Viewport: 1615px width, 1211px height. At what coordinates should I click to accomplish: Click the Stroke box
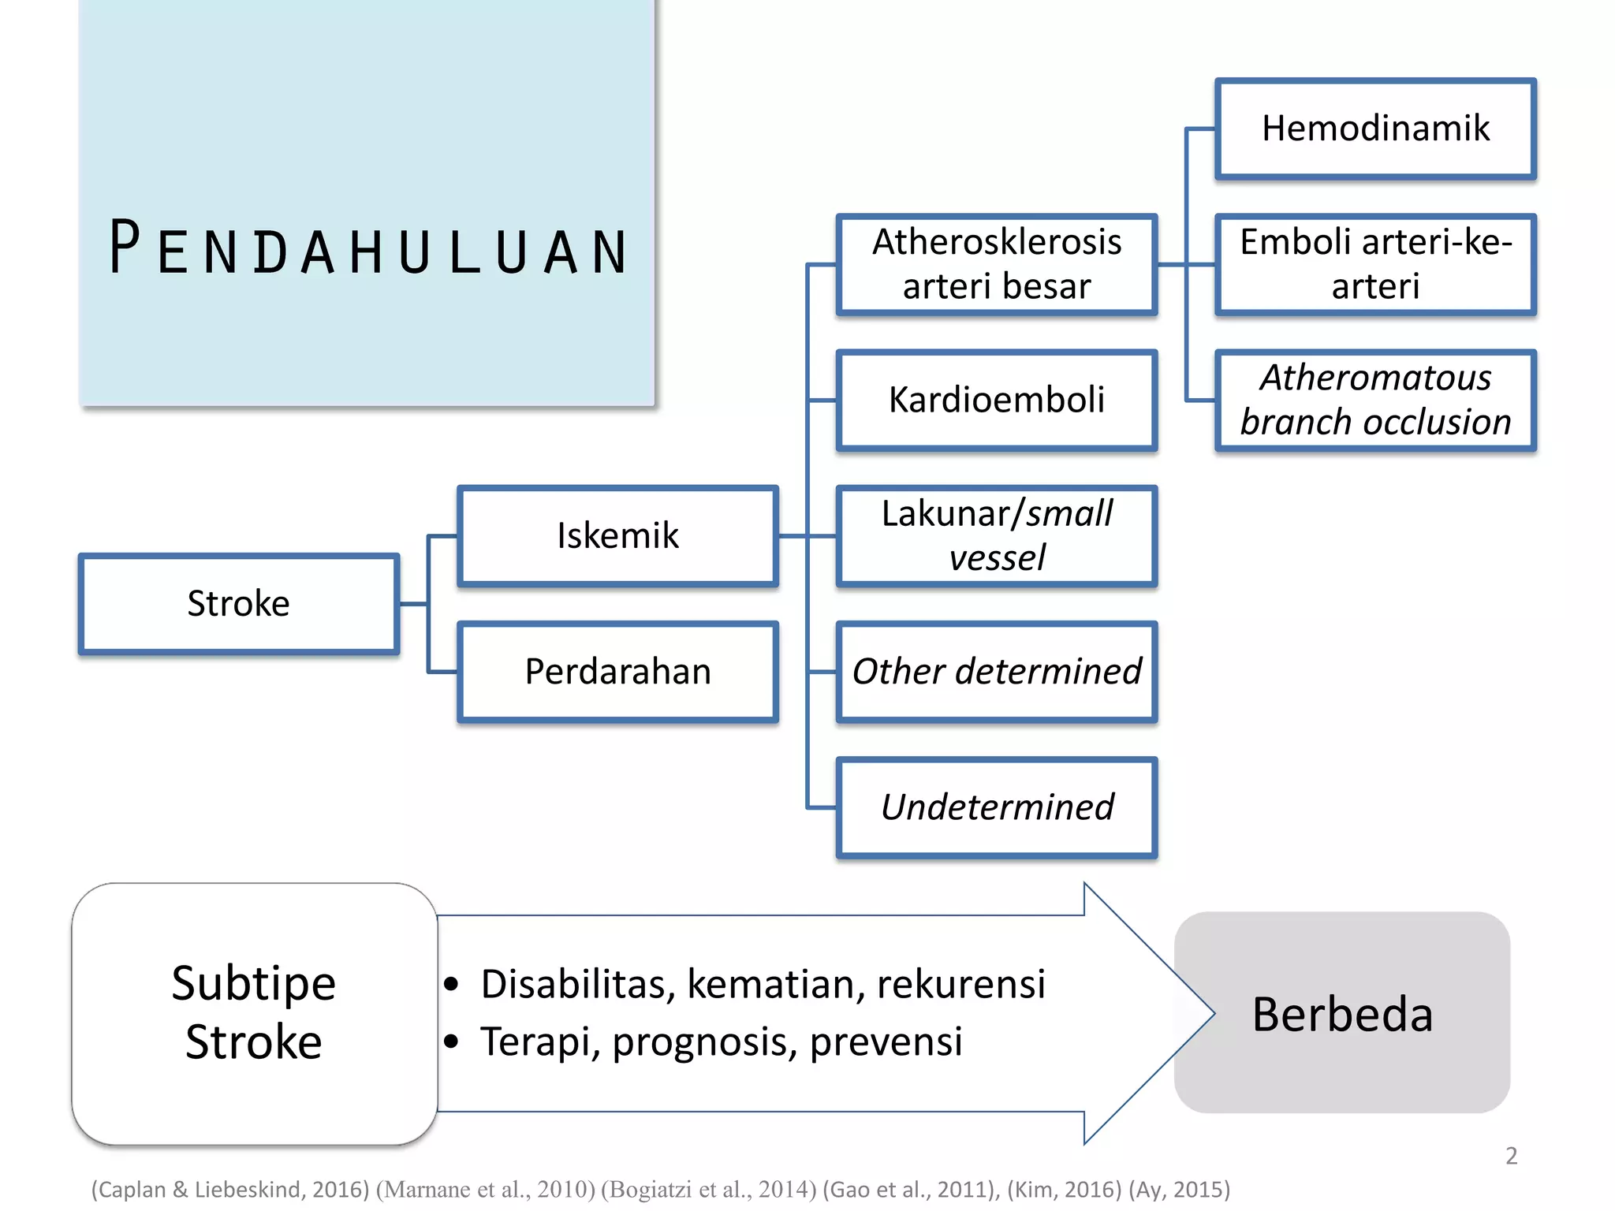coord(238,604)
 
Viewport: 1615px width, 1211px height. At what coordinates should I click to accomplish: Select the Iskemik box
coord(617,536)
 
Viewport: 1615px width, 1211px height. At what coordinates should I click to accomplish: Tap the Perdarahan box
coord(617,672)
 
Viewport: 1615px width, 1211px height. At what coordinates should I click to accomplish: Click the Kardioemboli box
coord(996,401)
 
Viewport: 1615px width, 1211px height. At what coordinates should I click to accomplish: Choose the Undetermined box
coord(996,807)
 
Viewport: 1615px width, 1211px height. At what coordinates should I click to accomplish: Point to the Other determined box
coord(996,672)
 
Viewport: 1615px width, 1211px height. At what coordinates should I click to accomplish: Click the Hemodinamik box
coord(1375,129)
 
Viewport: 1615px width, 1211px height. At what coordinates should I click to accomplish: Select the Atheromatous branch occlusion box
coord(1375,401)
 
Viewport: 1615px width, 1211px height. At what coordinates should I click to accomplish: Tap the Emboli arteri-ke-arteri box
coord(1375,264)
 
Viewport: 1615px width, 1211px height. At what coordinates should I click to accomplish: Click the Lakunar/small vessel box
coord(996,536)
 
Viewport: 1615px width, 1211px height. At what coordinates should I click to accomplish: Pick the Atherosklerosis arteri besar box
coord(996,264)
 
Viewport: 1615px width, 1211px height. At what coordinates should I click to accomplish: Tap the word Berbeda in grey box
coord(1342,1014)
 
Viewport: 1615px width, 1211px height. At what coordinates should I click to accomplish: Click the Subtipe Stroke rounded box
coord(254,1013)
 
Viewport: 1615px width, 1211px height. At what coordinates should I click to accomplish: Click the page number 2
coord(1511,1156)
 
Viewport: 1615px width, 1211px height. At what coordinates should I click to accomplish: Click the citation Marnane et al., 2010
coord(485,1190)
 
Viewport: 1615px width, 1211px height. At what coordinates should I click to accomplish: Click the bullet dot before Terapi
coord(451,1041)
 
